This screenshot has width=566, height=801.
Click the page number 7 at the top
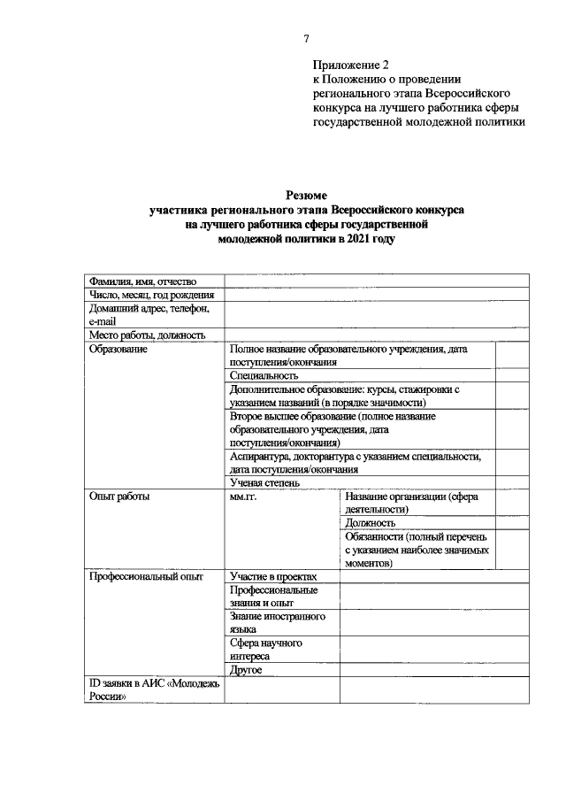point(306,38)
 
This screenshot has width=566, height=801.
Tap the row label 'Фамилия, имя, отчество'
point(141,281)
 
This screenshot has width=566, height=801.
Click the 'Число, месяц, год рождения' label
point(151,295)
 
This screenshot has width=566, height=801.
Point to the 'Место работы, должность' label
point(147,335)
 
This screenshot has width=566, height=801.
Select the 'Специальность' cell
point(263,376)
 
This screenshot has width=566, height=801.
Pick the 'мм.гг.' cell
point(242,497)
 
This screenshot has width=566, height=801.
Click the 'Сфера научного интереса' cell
point(267,650)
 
